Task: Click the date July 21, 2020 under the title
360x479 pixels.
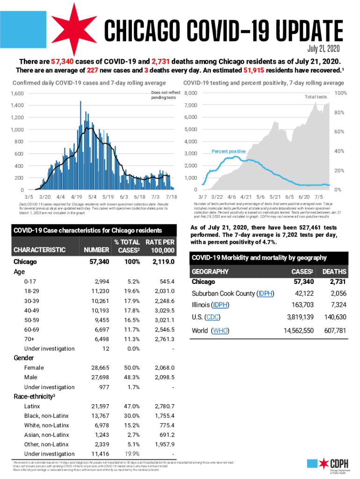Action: (x=324, y=49)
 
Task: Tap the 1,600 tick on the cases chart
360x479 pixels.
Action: (x=16, y=94)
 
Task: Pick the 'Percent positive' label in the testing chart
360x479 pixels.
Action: (x=229, y=152)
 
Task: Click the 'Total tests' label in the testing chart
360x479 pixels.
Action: (x=316, y=97)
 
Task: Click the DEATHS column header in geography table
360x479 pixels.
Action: (x=334, y=271)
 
